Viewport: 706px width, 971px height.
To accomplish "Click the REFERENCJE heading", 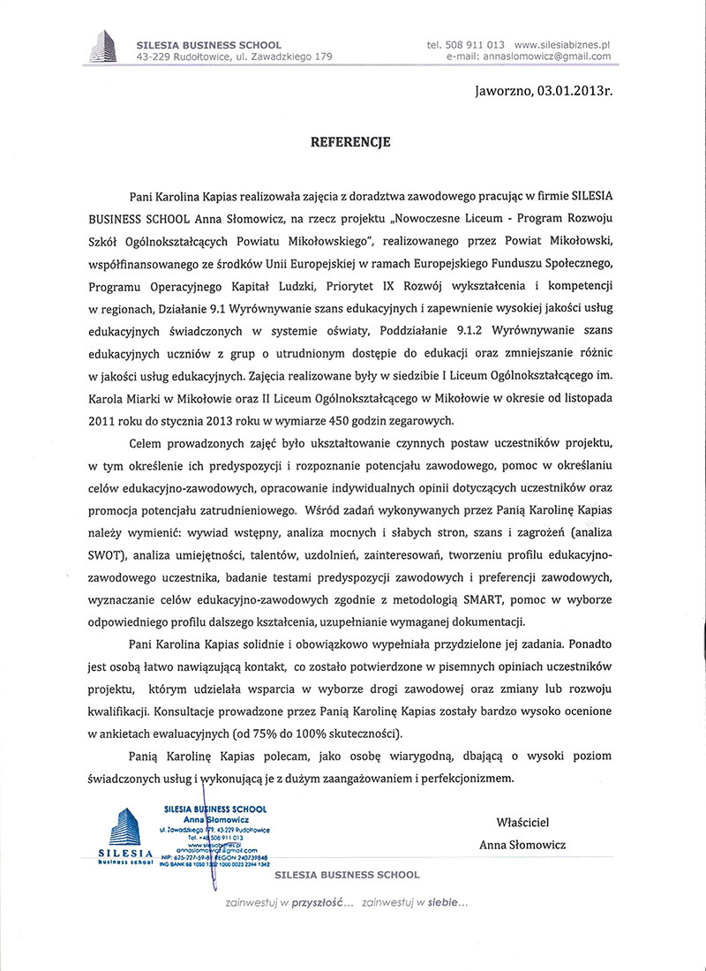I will point(352,141).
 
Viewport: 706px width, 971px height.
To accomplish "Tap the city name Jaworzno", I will point(501,90).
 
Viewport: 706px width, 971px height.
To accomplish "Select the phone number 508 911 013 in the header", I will point(477,44).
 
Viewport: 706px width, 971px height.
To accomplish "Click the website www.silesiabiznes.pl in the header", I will point(562,44).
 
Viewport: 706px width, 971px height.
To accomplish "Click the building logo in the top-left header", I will point(104,46).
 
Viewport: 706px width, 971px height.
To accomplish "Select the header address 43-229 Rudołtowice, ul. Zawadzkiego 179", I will point(234,56).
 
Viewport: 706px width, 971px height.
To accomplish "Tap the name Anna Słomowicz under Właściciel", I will point(522,845).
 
